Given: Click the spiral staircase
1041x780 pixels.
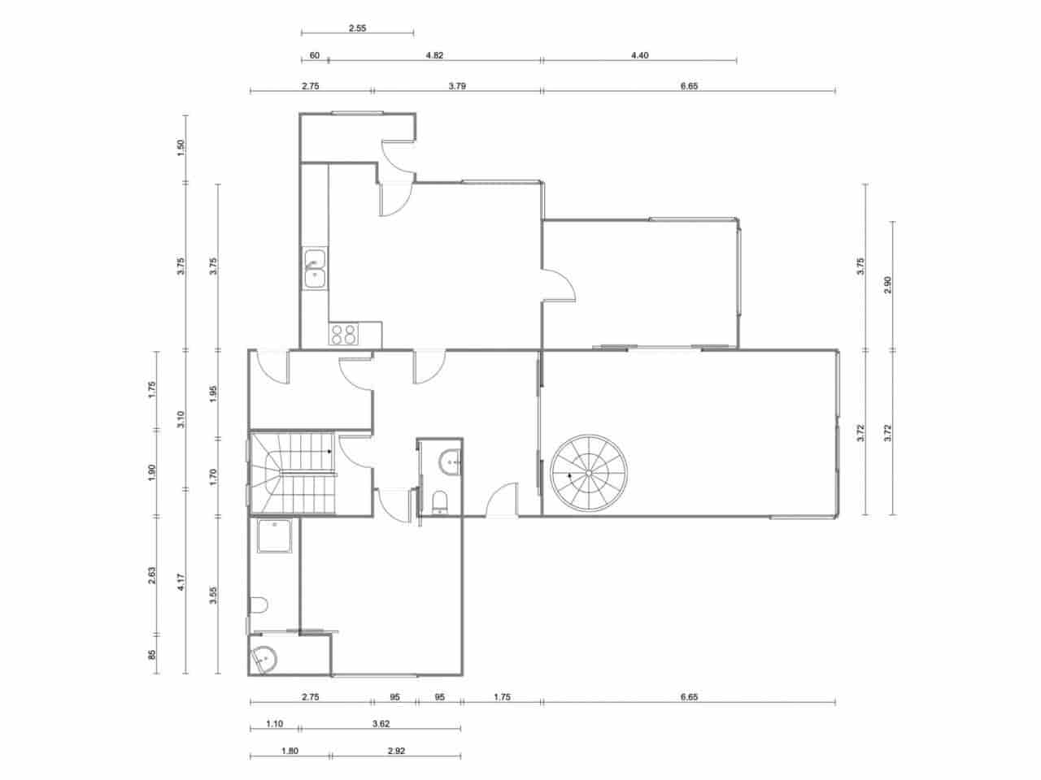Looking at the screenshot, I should point(589,473).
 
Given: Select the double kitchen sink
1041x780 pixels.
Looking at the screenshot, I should point(315,269).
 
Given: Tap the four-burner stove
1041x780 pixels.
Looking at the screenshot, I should point(343,334).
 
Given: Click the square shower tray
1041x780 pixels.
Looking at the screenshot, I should point(274,537).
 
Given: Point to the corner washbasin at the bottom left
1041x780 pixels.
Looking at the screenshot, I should point(263,659).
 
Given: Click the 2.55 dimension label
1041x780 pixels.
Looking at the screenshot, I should point(357,28).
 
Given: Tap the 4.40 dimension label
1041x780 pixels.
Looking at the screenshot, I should point(639,56).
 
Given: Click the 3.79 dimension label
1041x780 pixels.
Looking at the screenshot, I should point(457,85).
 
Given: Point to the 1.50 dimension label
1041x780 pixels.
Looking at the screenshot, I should point(181,148).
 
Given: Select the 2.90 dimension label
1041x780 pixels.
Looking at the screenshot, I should point(888,285).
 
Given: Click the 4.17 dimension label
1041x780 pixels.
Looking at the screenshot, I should point(181,583).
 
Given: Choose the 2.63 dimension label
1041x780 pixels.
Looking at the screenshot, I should point(152,574).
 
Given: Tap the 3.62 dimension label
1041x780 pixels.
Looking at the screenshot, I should point(381,723).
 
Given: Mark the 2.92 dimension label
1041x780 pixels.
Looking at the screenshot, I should point(396,751).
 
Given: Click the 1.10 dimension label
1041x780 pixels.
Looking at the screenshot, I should point(274,723).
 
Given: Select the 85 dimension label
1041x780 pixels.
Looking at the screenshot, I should point(152,655).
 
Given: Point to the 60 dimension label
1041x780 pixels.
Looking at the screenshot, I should point(314,56).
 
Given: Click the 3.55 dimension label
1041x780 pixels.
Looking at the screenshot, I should point(213,596).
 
